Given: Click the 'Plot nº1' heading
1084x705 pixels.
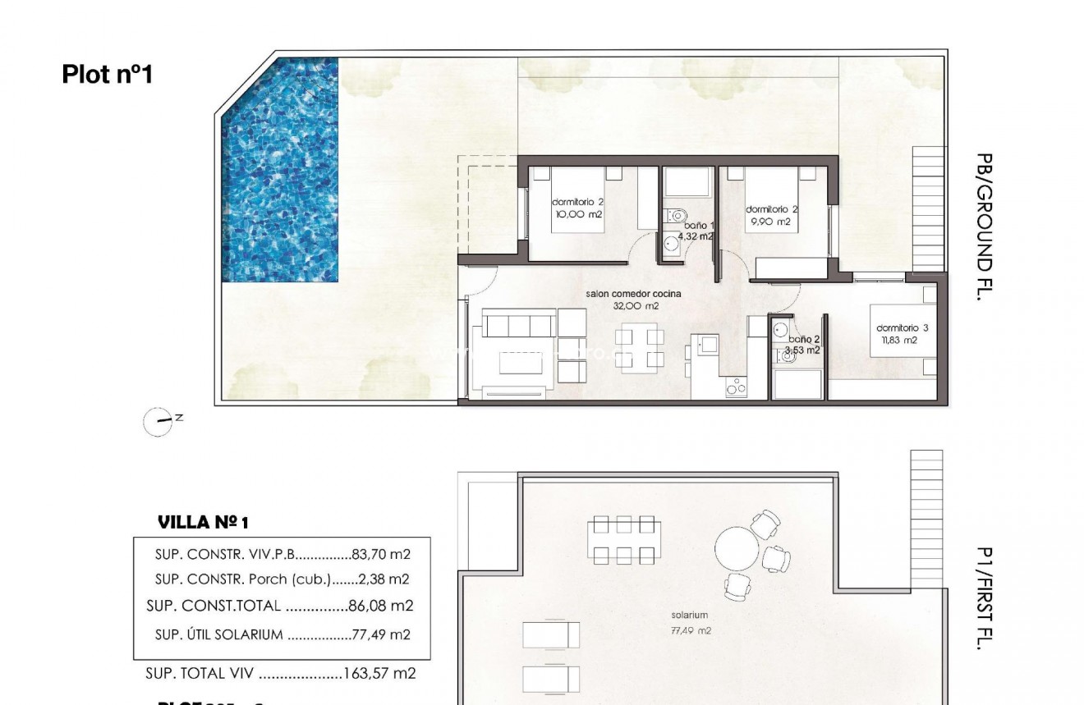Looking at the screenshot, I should tap(108, 75).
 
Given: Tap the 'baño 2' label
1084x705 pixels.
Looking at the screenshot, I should tap(804, 339).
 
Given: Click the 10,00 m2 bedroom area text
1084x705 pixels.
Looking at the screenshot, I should tap(578, 214).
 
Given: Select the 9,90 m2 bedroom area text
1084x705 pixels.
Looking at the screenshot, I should tap(770, 222).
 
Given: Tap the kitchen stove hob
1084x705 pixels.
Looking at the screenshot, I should tap(736, 388).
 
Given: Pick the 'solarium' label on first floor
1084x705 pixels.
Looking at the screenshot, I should tap(689, 615).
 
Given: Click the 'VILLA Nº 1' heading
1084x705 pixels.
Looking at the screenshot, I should tap(202, 522).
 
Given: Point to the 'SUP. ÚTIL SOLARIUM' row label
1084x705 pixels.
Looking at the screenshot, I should tap(218, 634).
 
